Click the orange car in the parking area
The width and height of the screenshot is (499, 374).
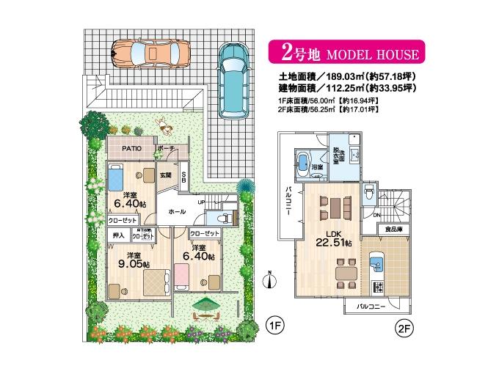click(x=150, y=52)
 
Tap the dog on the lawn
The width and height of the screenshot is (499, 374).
click(x=166, y=126)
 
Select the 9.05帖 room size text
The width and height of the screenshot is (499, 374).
click(x=134, y=263)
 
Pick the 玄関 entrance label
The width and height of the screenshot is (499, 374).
click(x=166, y=176)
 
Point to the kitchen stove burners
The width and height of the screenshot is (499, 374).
click(x=379, y=286)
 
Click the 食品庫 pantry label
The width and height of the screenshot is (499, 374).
click(x=393, y=230)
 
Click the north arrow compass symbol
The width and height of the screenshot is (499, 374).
click(x=270, y=282)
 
